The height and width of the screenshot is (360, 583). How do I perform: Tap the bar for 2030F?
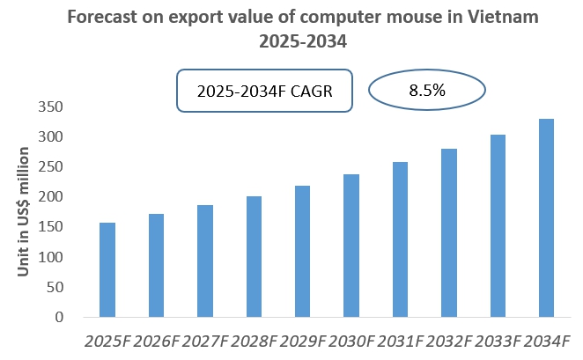pos(351,246)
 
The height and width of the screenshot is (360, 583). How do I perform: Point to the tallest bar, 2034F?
pos(546,217)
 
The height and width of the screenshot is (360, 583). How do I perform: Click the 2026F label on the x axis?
pos(156,341)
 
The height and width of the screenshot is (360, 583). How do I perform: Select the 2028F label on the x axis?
pos(254,341)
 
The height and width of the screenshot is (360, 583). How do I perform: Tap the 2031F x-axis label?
pos(400,341)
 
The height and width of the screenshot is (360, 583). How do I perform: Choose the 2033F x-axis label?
pos(498,341)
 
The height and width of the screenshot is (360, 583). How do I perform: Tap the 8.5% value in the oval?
pos(426,91)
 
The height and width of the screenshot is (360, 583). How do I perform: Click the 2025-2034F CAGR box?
pos(264,92)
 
